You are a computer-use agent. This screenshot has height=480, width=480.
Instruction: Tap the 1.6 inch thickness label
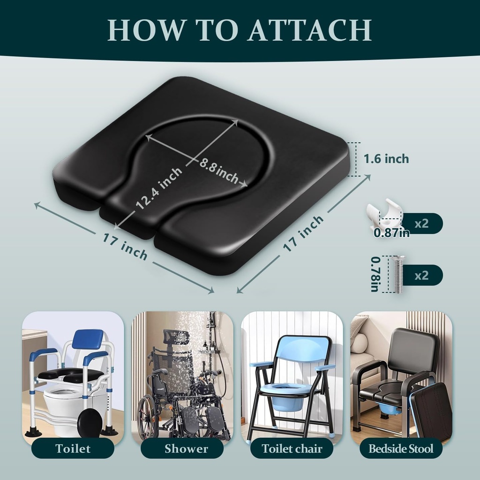(x=386, y=159)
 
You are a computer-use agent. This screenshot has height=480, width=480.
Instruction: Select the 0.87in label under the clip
(x=391, y=232)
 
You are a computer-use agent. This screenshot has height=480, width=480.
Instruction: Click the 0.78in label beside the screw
(x=375, y=274)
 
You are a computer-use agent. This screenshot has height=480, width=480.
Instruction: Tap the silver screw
(x=398, y=274)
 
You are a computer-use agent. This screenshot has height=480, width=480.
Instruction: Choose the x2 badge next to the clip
(x=421, y=223)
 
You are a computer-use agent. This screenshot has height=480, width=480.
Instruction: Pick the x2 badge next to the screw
(x=421, y=275)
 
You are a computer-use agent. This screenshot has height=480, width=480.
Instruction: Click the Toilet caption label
(x=73, y=448)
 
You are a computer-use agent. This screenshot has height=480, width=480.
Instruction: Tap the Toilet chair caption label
(x=292, y=448)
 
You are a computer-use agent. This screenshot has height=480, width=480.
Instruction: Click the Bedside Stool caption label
(x=401, y=448)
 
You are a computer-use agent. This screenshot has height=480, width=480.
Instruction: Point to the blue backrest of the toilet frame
(x=88, y=339)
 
